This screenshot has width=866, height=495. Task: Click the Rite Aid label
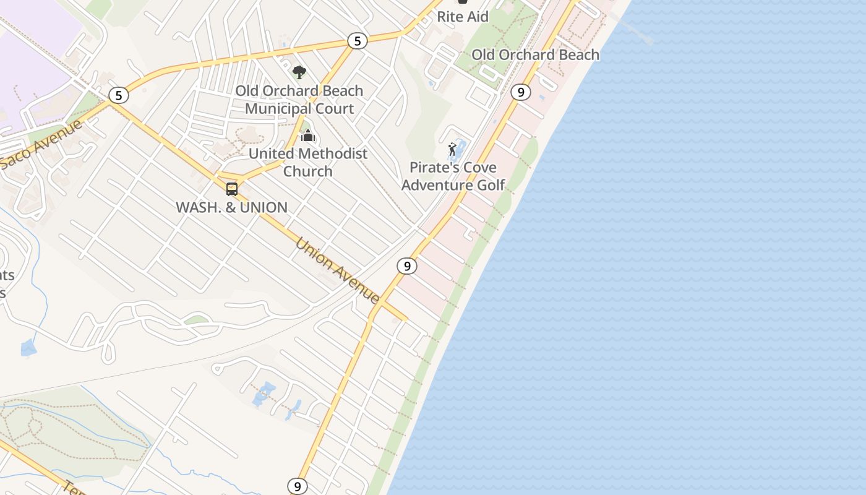pyautogui.click(x=463, y=17)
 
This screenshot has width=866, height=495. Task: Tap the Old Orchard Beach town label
pyautogui.click(x=535, y=54)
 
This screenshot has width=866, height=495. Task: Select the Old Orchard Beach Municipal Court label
pyautogui.click(x=299, y=100)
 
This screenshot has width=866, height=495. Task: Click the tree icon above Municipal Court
pyautogui.click(x=299, y=72)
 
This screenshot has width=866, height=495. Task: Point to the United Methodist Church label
pyautogui.click(x=308, y=162)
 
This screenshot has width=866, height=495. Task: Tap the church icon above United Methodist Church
pyautogui.click(x=308, y=136)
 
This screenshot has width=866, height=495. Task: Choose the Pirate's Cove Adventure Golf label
pyautogui.click(x=453, y=176)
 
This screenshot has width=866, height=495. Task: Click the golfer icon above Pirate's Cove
pyautogui.click(x=453, y=150)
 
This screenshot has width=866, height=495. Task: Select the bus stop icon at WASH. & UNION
pyautogui.click(x=232, y=189)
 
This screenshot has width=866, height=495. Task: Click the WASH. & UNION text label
pyautogui.click(x=232, y=207)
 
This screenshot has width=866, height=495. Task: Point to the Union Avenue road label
pyautogui.click(x=338, y=270)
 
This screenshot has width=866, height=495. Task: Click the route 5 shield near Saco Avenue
pyautogui.click(x=118, y=95)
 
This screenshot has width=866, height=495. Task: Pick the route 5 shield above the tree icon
pyautogui.click(x=357, y=41)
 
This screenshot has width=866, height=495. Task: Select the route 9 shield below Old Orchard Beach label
pyautogui.click(x=521, y=92)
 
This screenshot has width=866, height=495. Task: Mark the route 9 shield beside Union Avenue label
pyautogui.click(x=406, y=266)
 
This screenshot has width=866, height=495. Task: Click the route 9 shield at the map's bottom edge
pyautogui.click(x=298, y=486)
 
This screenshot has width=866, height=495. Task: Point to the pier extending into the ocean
pyautogui.click(x=634, y=28)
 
